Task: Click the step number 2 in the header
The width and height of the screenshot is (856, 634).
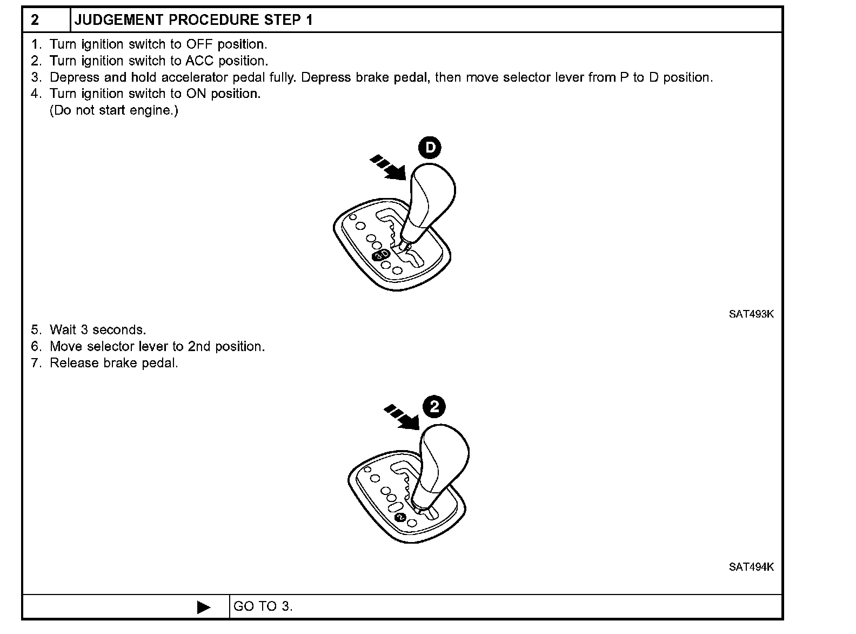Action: tap(35, 21)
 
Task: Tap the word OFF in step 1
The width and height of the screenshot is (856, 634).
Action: tap(200, 44)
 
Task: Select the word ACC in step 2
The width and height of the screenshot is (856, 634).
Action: tap(200, 61)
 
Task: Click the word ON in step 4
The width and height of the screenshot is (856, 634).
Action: tap(197, 94)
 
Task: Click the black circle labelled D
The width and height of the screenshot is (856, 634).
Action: tap(430, 148)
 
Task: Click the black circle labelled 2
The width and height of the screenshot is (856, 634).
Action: tap(434, 407)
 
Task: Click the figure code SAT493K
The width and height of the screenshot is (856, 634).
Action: tap(751, 314)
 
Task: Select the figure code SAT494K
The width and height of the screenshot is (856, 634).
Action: tap(751, 567)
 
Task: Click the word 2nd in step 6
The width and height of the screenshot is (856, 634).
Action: tap(199, 346)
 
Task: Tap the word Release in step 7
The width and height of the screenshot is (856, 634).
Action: tap(69, 363)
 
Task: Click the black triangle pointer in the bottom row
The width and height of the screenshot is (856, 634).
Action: tap(204, 607)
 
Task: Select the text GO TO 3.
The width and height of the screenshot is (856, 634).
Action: tap(263, 607)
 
